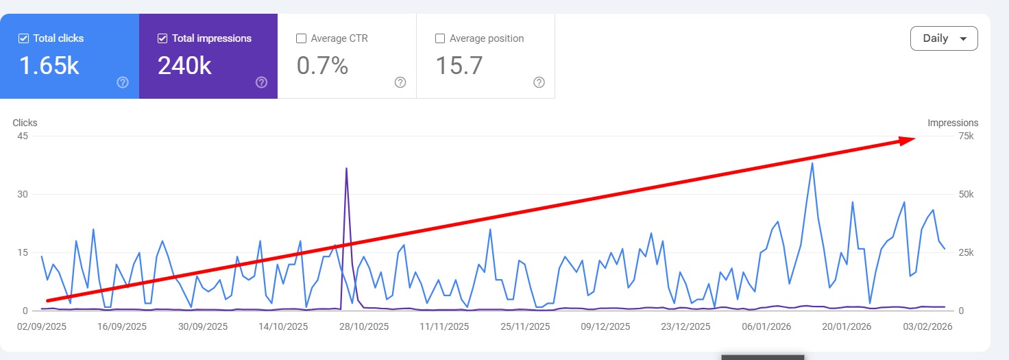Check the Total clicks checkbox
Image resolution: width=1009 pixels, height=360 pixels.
tap(23, 38)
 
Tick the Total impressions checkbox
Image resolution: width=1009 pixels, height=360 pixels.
tap(162, 38)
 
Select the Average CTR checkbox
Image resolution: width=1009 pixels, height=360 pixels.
tap(301, 38)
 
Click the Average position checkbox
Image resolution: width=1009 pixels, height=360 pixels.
tap(440, 38)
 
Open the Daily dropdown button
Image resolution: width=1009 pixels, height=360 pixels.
tap(944, 38)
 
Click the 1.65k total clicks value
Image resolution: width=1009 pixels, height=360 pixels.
tap(49, 66)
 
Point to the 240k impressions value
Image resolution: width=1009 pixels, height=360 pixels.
tap(184, 66)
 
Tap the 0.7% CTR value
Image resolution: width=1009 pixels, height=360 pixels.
tap(322, 66)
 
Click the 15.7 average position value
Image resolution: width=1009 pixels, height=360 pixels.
tap(459, 66)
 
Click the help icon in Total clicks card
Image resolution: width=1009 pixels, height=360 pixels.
tap(123, 82)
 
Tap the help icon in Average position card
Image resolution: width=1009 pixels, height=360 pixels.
tap(539, 82)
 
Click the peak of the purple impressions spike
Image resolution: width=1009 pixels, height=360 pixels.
tap(346, 168)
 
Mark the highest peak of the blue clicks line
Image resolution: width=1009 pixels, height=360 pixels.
tap(812, 163)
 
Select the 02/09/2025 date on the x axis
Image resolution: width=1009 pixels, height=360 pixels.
tap(42, 327)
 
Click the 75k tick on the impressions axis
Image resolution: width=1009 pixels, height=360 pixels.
tap(965, 136)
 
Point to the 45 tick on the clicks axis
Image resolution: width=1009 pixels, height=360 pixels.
tap(23, 136)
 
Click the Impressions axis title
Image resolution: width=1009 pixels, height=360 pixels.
tap(953, 123)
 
